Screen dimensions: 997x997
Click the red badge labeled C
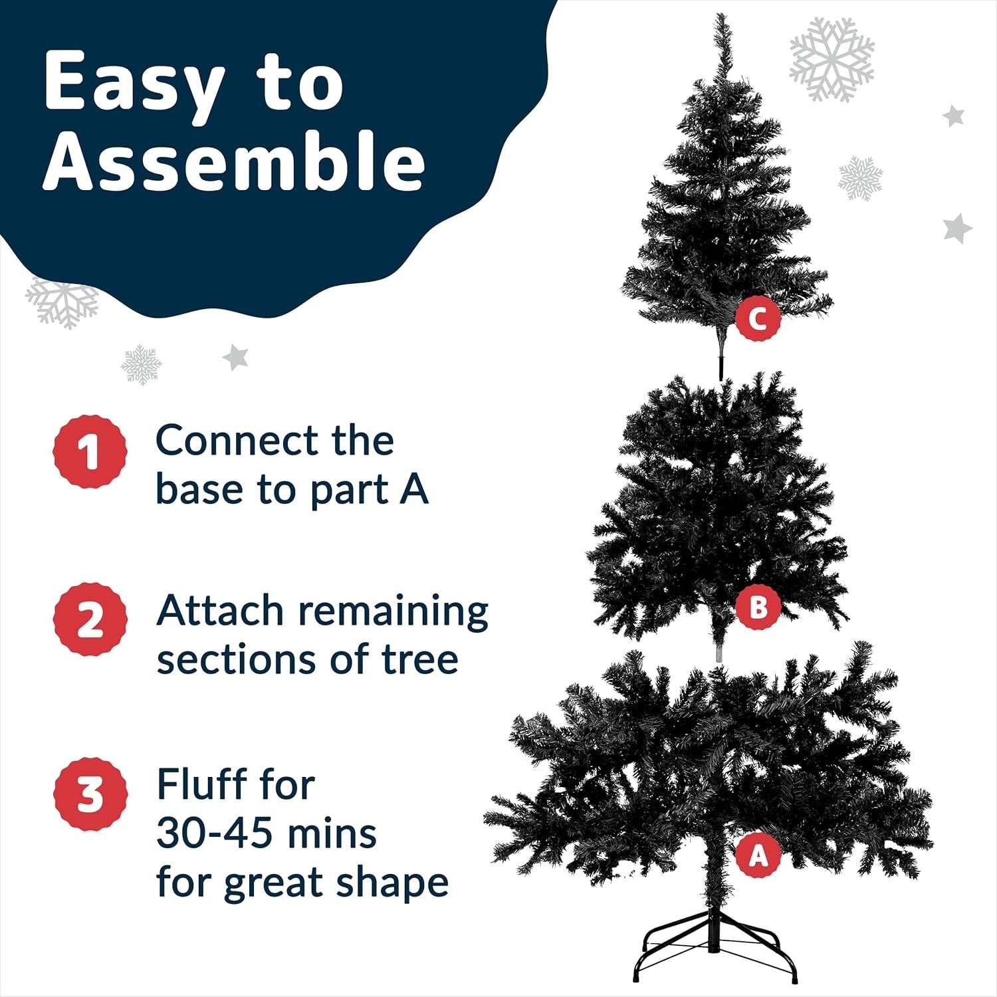(757, 319)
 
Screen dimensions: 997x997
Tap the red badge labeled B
(757, 607)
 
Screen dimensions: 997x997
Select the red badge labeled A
(758, 856)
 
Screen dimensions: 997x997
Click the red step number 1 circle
(90, 452)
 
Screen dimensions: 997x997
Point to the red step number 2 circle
(90, 619)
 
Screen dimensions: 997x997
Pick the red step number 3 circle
(90, 794)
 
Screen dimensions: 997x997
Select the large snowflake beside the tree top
(831, 59)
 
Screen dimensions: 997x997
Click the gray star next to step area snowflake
(235, 357)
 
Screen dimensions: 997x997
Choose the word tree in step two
(419, 659)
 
